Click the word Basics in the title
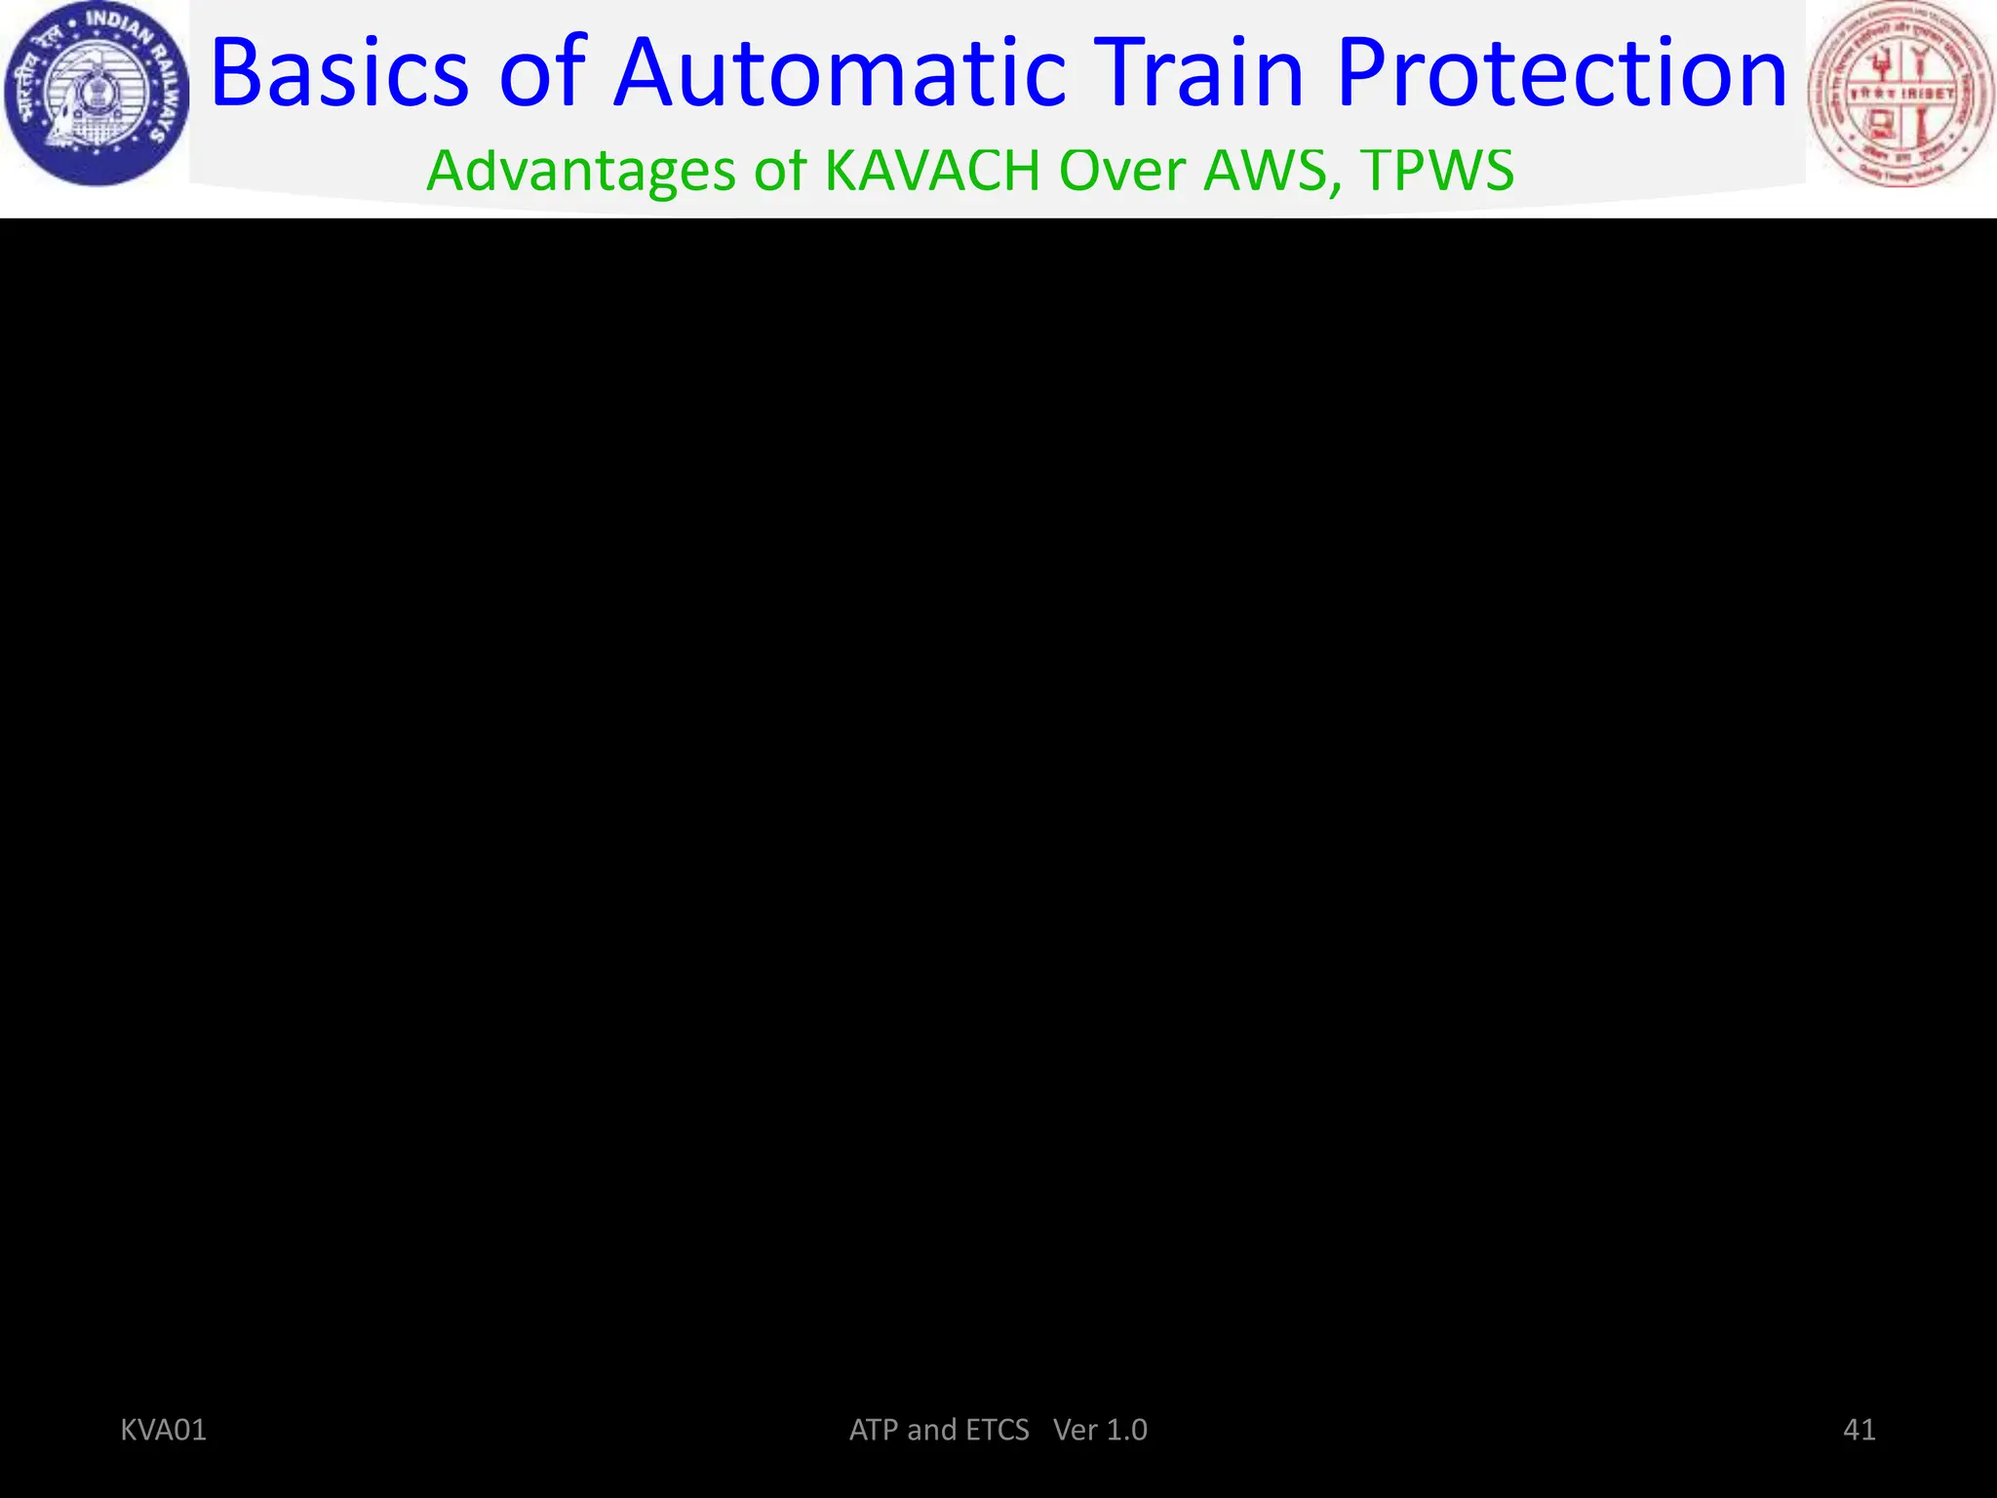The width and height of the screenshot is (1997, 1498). click(339, 74)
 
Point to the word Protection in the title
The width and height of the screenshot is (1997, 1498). click(1561, 74)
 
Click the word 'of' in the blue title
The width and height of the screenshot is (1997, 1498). click(542, 74)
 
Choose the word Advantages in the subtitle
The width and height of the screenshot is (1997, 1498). click(581, 172)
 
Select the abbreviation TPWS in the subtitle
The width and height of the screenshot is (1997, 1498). click(1437, 172)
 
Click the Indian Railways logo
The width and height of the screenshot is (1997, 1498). click(96, 94)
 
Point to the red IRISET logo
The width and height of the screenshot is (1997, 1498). click(1900, 94)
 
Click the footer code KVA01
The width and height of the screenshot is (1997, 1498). click(163, 1430)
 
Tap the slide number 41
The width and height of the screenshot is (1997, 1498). click(1860, 1430)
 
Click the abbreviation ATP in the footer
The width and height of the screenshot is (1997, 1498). click(875, 1430)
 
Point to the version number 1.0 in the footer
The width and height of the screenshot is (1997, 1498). click(1126, 1430)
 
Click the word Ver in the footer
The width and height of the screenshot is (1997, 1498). click(1076, 1430)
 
